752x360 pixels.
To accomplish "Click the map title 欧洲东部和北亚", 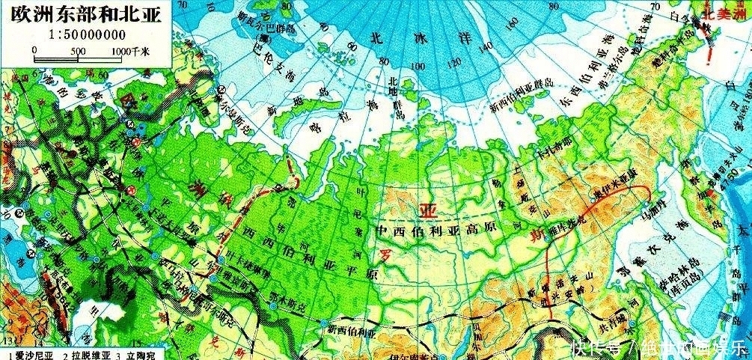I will pos(85,16).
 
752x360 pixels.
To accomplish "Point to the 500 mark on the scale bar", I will pos(78,51).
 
